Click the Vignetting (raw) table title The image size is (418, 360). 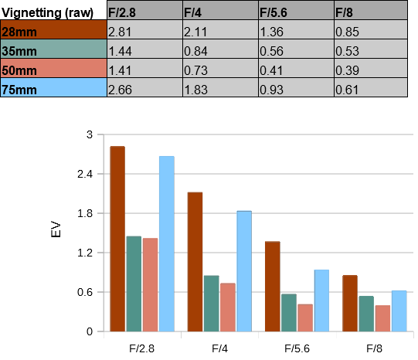(47, 12)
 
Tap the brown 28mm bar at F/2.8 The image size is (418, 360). (117, 239)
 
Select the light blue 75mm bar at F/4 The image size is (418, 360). (244, 271)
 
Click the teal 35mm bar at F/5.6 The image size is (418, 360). (289, 313)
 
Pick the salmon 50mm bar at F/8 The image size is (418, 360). (382, 318)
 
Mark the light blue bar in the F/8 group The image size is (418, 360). (399, 311)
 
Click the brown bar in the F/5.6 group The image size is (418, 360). (273, 287)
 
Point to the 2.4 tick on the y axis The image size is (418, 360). (85, 174)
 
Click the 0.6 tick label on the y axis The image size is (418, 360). (85, 292)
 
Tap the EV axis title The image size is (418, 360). (56, 229)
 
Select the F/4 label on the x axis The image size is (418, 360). (219, 348)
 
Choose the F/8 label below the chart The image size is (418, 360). (374, 348)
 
